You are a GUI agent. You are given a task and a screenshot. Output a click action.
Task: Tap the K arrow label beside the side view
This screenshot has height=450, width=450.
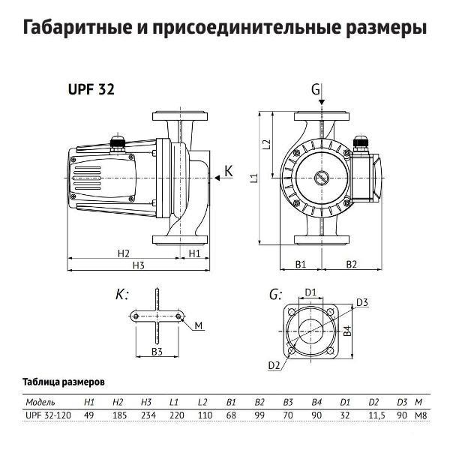point(229,174)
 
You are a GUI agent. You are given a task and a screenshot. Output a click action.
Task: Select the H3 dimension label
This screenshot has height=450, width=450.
point(137,265)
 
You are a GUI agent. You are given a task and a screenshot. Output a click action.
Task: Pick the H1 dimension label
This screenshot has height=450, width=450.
point(193,253)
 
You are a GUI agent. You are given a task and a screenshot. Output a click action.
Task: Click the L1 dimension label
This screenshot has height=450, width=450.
point(253,178)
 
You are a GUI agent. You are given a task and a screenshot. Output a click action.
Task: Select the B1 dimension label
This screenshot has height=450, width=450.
point(300,264)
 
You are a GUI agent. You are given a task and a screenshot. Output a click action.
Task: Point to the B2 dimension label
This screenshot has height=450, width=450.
point(350,264)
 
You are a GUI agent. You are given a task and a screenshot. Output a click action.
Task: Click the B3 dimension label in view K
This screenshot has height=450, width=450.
point(157,351)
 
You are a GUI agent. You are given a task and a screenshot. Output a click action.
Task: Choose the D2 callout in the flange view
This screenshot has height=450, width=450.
point(274,365)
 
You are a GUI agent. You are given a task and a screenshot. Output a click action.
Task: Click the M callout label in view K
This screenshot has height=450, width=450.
point(199,325)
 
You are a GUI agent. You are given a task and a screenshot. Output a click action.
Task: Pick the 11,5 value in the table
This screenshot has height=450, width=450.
point(373,415)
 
